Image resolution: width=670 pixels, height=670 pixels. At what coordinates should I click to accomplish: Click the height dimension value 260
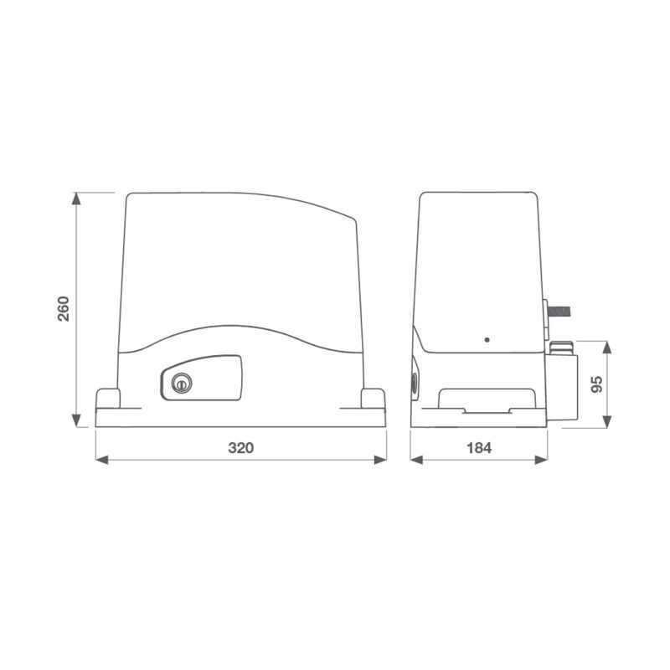pyautogui.click(x=63, y=309)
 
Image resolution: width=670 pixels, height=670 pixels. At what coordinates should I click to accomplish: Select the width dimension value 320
pyautogui.click(x=240, y=448)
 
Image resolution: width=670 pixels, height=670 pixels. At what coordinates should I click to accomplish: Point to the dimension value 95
pyautogui.click(x=597, y=384)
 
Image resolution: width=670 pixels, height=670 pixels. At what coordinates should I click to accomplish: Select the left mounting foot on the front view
pyautogui.click(x=109, y=398)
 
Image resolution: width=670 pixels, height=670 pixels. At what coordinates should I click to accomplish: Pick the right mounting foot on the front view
pyautogui.click(x=373, y=398)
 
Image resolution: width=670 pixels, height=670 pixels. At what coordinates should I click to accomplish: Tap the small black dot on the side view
pyautogui.click(x=487, y=340)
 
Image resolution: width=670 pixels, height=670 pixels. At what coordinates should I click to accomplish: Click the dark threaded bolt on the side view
pyautogui.click(x=559, y=312)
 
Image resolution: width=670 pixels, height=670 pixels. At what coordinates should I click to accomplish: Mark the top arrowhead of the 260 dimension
pyautogui.click(x=76, y=198)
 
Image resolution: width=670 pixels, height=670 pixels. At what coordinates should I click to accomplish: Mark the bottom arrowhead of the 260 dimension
pyautogui.click(x=76, y=421)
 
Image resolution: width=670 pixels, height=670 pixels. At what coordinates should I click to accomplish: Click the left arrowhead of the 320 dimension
pyautogui.click(x=101, y=459)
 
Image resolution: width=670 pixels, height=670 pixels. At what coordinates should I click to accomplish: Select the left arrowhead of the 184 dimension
pyautogui.click(x=415, y=459)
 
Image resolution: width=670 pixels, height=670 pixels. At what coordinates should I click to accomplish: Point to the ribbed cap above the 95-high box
pyautogui.click(x=560, y=345)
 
